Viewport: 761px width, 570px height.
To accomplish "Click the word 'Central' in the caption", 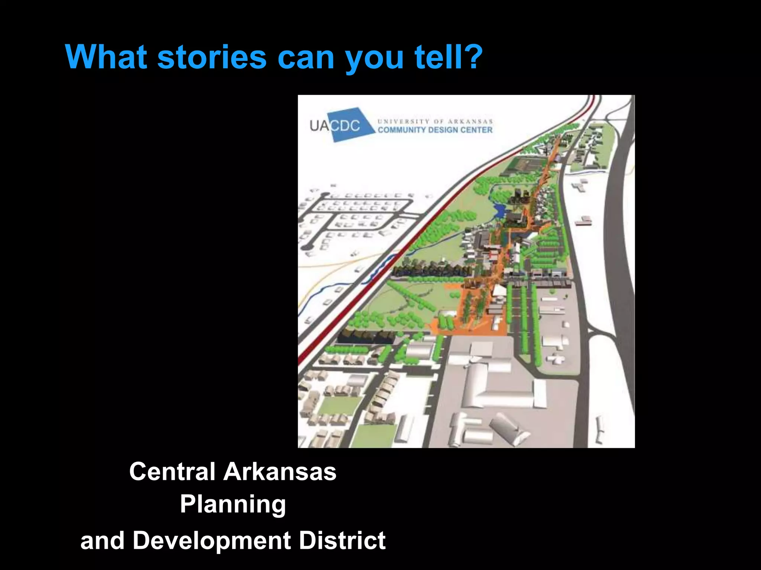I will click(x=172, y=472).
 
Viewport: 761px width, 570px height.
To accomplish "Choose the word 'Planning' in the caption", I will click(x=233, y=505).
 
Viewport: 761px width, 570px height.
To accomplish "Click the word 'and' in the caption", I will click(x=102, y=541).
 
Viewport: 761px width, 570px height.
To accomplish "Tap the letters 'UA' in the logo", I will click(x=320, y=126).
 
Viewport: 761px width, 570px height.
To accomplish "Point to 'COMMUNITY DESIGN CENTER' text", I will click(x=435, y=130).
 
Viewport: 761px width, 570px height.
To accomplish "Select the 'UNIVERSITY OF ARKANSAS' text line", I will click(x=435, y=121).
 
